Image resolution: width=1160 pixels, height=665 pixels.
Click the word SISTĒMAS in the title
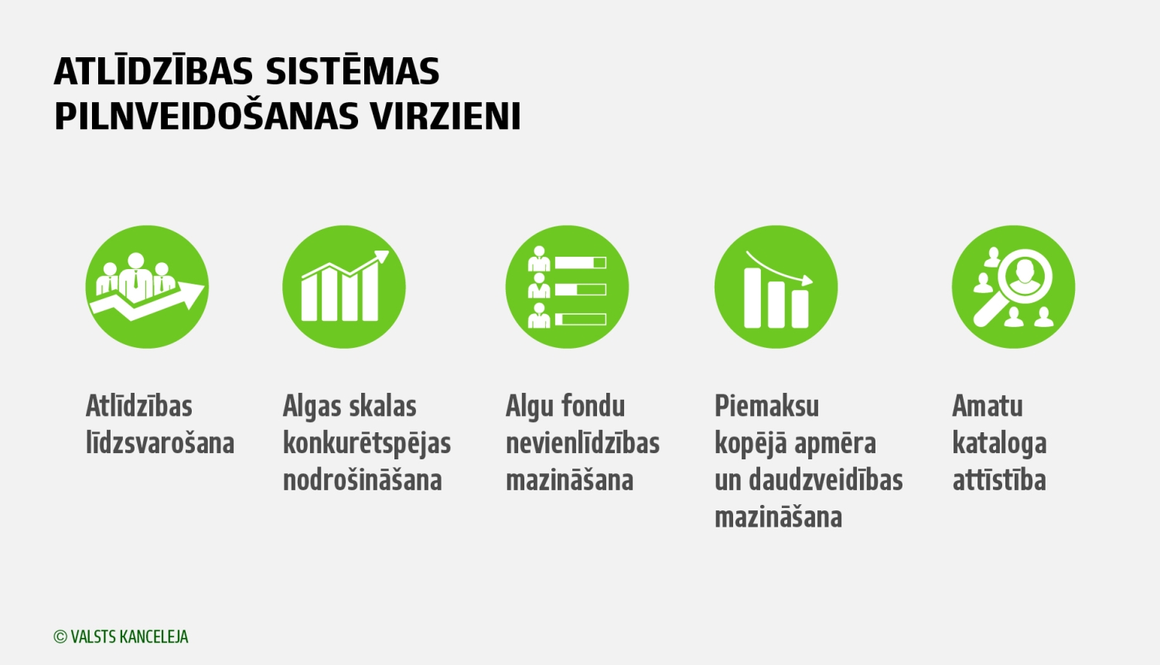click(353, 72)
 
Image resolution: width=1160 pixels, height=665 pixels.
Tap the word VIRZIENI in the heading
click(445, 117)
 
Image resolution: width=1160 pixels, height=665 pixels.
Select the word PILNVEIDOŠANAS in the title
click(206, 117)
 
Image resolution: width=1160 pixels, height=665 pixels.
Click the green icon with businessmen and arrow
click(147, 287)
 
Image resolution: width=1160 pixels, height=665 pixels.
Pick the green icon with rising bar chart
click(344, 287)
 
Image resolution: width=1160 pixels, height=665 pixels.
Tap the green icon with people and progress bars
click(567, 287)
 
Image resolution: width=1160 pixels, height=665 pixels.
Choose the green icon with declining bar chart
click(776, 287)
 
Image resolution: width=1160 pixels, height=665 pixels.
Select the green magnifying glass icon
click(1013, 287)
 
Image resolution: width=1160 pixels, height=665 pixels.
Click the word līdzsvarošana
click(160, 443)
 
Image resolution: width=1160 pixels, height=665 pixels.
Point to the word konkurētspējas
click(367, 443)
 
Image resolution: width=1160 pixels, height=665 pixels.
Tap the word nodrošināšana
click(362, 480)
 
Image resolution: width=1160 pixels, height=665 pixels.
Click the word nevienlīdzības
click(582, 443)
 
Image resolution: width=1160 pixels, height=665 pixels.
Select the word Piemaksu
click(766, 406)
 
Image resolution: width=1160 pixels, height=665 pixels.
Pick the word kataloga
click(999, 443)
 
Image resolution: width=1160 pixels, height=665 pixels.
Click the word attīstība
click(999, 480)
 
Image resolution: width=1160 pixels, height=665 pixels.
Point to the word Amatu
click(988, 406)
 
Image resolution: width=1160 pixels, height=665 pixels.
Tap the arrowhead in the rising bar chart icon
click(381, 257)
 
